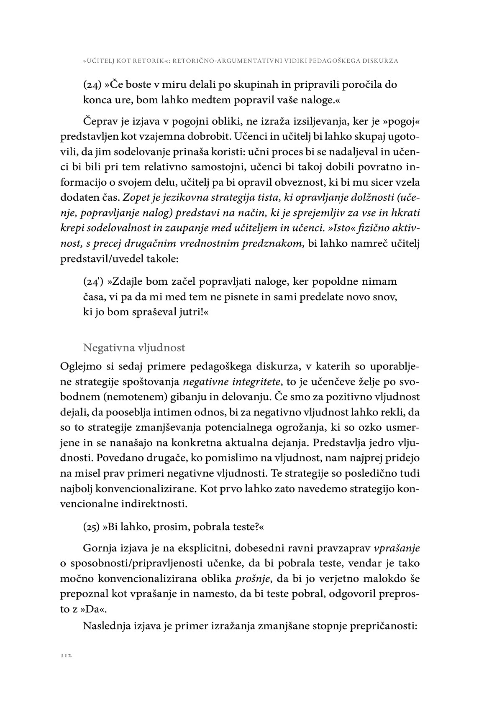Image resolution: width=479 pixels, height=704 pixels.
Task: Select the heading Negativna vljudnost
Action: [x=134, y=347]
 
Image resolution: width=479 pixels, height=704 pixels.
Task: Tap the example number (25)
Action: [x=92, y=527]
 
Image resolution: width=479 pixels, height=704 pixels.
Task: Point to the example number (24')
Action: [x=93, y=281]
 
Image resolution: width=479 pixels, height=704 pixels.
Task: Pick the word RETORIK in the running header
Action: [x=149, y=61]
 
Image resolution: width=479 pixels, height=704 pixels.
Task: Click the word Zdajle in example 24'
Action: [x=125, y=281]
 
